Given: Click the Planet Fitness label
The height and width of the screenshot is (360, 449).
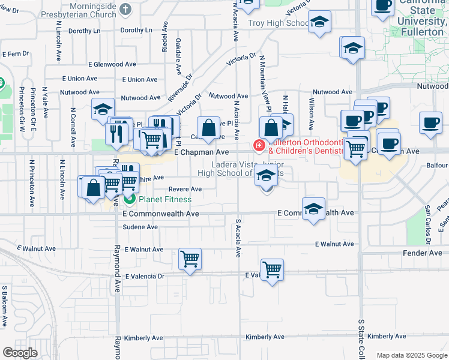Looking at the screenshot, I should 165,199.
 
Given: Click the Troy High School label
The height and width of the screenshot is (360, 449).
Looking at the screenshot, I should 278,23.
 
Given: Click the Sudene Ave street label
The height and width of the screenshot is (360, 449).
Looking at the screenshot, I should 140,227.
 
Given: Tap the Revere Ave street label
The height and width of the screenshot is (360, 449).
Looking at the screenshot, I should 185,189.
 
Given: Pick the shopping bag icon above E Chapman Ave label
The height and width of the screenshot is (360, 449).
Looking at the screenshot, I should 208,127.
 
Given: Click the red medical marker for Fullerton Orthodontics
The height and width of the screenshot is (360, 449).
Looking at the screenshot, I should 259,145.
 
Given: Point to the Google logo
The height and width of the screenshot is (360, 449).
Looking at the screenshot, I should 20,353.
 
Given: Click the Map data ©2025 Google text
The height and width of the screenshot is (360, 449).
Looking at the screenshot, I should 412,355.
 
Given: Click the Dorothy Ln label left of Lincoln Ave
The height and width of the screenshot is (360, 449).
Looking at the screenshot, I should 83,30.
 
